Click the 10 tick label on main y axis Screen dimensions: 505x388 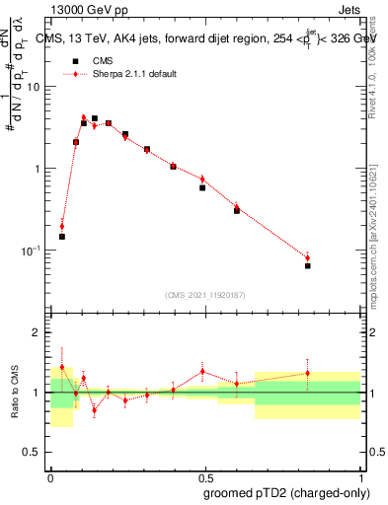(x=34, y=87)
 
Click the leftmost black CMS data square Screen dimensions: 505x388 (x=61, y=237)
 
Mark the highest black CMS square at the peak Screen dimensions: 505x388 (x=94, y=118)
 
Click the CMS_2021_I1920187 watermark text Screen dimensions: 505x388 (x=204, y=295)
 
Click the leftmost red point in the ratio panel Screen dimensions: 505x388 (x=61, y=367)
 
